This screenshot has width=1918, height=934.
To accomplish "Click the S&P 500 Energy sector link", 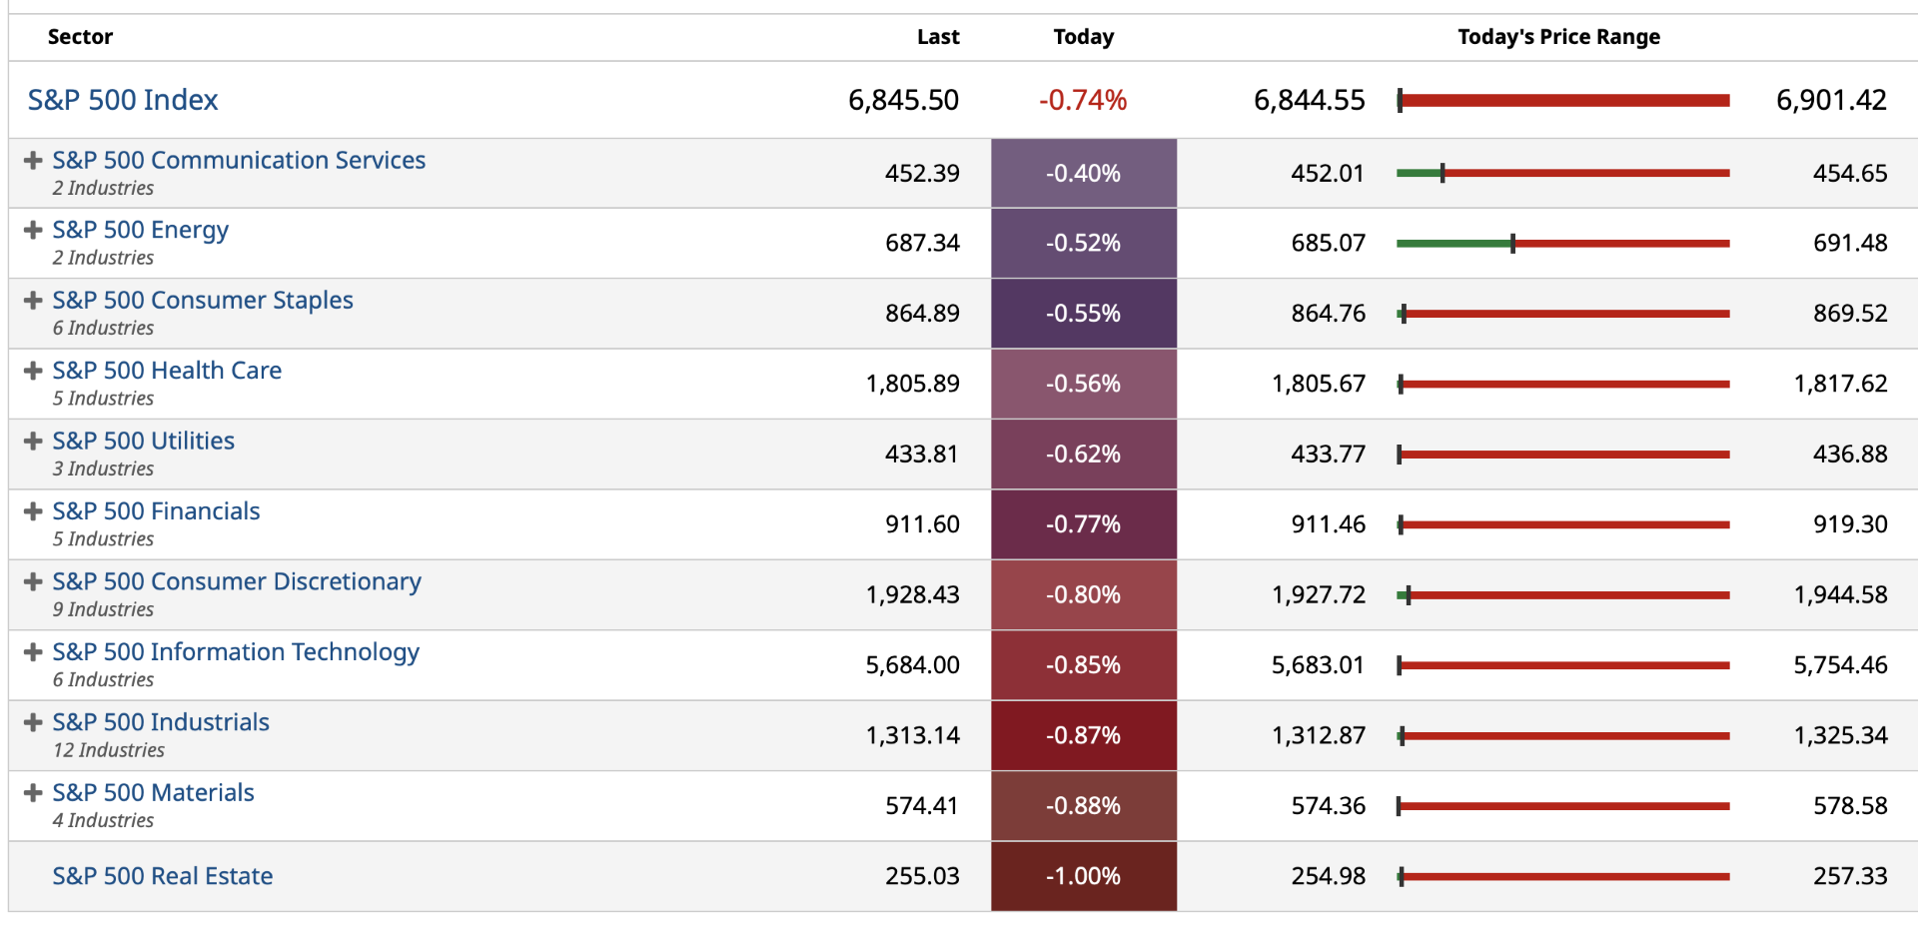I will pos(140,230).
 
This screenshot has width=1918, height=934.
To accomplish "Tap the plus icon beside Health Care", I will pos(33,371).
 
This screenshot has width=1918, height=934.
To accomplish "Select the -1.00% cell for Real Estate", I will pos(1083,876).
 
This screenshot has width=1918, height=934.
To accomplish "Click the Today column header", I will pos(1083,37).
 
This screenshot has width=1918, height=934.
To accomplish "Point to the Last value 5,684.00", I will pos(912,665).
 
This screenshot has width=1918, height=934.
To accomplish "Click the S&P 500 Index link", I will pos(122,100).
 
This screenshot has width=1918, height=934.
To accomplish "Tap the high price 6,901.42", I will pos(1830,100).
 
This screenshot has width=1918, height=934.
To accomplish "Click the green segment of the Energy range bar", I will pos(1453,244).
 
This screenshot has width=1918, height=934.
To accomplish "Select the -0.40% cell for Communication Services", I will pos(1083,174).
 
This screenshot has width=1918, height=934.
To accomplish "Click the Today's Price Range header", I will pos(1558,37).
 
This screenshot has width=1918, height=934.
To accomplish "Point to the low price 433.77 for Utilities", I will pos(1328,455).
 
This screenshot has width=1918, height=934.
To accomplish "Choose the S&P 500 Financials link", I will pos(156,511).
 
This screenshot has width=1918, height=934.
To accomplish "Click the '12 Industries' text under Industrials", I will pos(109,750).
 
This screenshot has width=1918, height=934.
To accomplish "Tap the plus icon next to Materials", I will pos(33,793).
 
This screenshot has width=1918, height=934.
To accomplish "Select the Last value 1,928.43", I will pos(912,595).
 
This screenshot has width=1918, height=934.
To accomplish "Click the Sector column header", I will pos(80,37).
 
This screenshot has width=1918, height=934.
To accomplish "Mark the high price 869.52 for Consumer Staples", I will pos(1849,314).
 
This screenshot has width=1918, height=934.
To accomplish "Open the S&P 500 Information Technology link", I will pos(236,652).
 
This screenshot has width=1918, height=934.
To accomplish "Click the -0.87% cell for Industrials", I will pos(1083,736).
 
